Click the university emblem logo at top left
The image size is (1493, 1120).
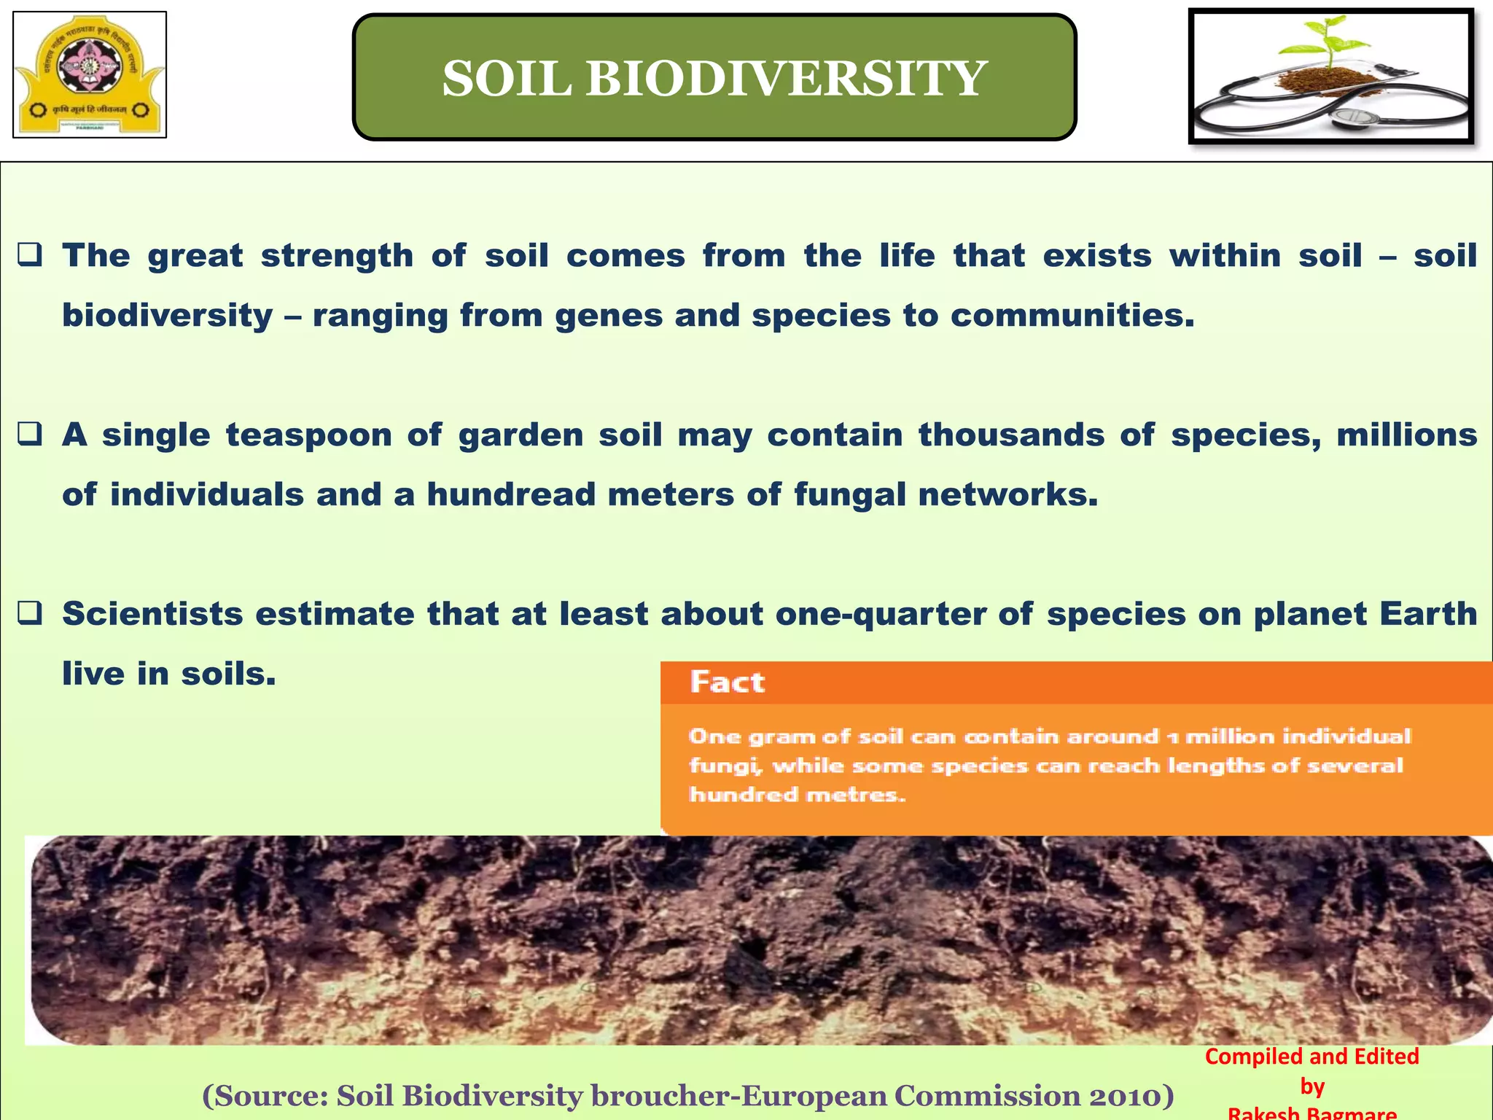(x=90, y=74)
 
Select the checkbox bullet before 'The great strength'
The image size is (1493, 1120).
(x=30, y=256)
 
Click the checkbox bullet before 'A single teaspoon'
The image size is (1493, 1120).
(x=30, y=435)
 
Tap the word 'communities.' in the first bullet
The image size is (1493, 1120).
(x=1072, y=316)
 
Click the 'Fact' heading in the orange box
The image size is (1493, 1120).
(x=727, y=682)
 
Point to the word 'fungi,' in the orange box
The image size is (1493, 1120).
(x=725, y=766)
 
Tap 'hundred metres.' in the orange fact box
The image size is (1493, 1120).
(x=798, y=795)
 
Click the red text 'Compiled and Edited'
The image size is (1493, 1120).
(x=1311, y=1057)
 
